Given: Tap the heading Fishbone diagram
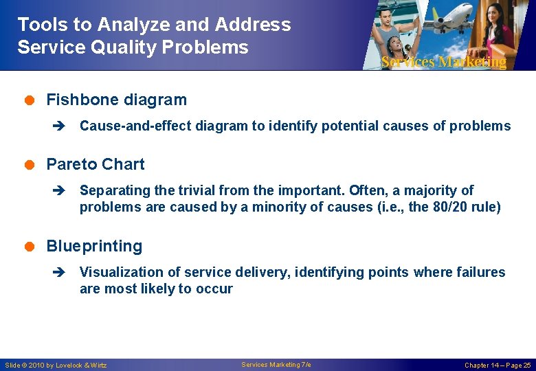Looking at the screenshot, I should coord(116,100).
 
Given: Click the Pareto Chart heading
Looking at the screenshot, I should coord(95,164).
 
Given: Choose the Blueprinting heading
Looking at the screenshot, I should coord(94,246).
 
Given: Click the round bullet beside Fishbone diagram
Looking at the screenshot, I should coord(30,100).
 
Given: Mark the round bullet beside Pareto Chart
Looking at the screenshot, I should coord(30,165).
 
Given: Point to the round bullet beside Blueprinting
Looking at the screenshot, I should coord(30,247).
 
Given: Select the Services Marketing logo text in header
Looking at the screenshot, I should coord(443,62).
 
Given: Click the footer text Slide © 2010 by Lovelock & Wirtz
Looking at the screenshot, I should coord(56,365).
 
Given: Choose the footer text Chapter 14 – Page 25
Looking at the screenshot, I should coord(498,365).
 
